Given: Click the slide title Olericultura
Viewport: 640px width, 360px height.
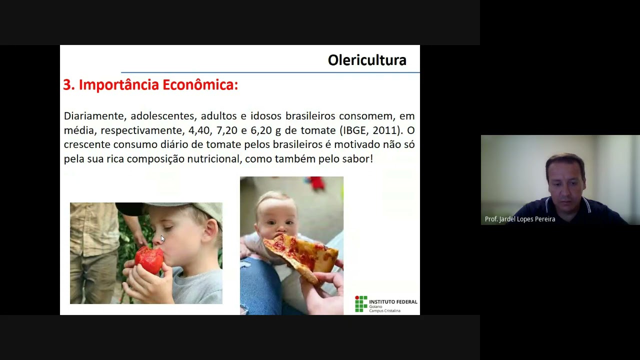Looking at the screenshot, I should pyautogui.click(x=366, y=60).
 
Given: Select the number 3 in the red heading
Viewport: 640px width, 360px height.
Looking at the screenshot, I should pyautogui.click(x=67, y=85).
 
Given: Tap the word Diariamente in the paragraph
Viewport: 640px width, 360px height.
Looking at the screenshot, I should pyautogui.click(x=94, y=116).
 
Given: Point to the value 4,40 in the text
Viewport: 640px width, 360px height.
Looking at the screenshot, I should pyautogui.click(x=199, y=130).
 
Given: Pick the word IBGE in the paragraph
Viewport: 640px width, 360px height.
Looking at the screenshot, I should pyautogui.click(x=356, y=130).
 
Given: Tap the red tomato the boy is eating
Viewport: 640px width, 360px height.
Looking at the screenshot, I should pyautogui.click(x=149, y=260).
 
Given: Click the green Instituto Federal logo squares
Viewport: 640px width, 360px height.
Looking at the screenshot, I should pyautogui.click(x=360, y=303).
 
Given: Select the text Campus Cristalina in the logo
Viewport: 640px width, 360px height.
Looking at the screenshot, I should pyautogui.click(x=384, y=310).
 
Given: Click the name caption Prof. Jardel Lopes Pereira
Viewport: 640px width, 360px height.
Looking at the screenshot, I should pyautogui.click(x=519, y=219).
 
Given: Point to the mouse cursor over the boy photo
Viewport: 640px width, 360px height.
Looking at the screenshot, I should pyautogui.click(x=162, y=238).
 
